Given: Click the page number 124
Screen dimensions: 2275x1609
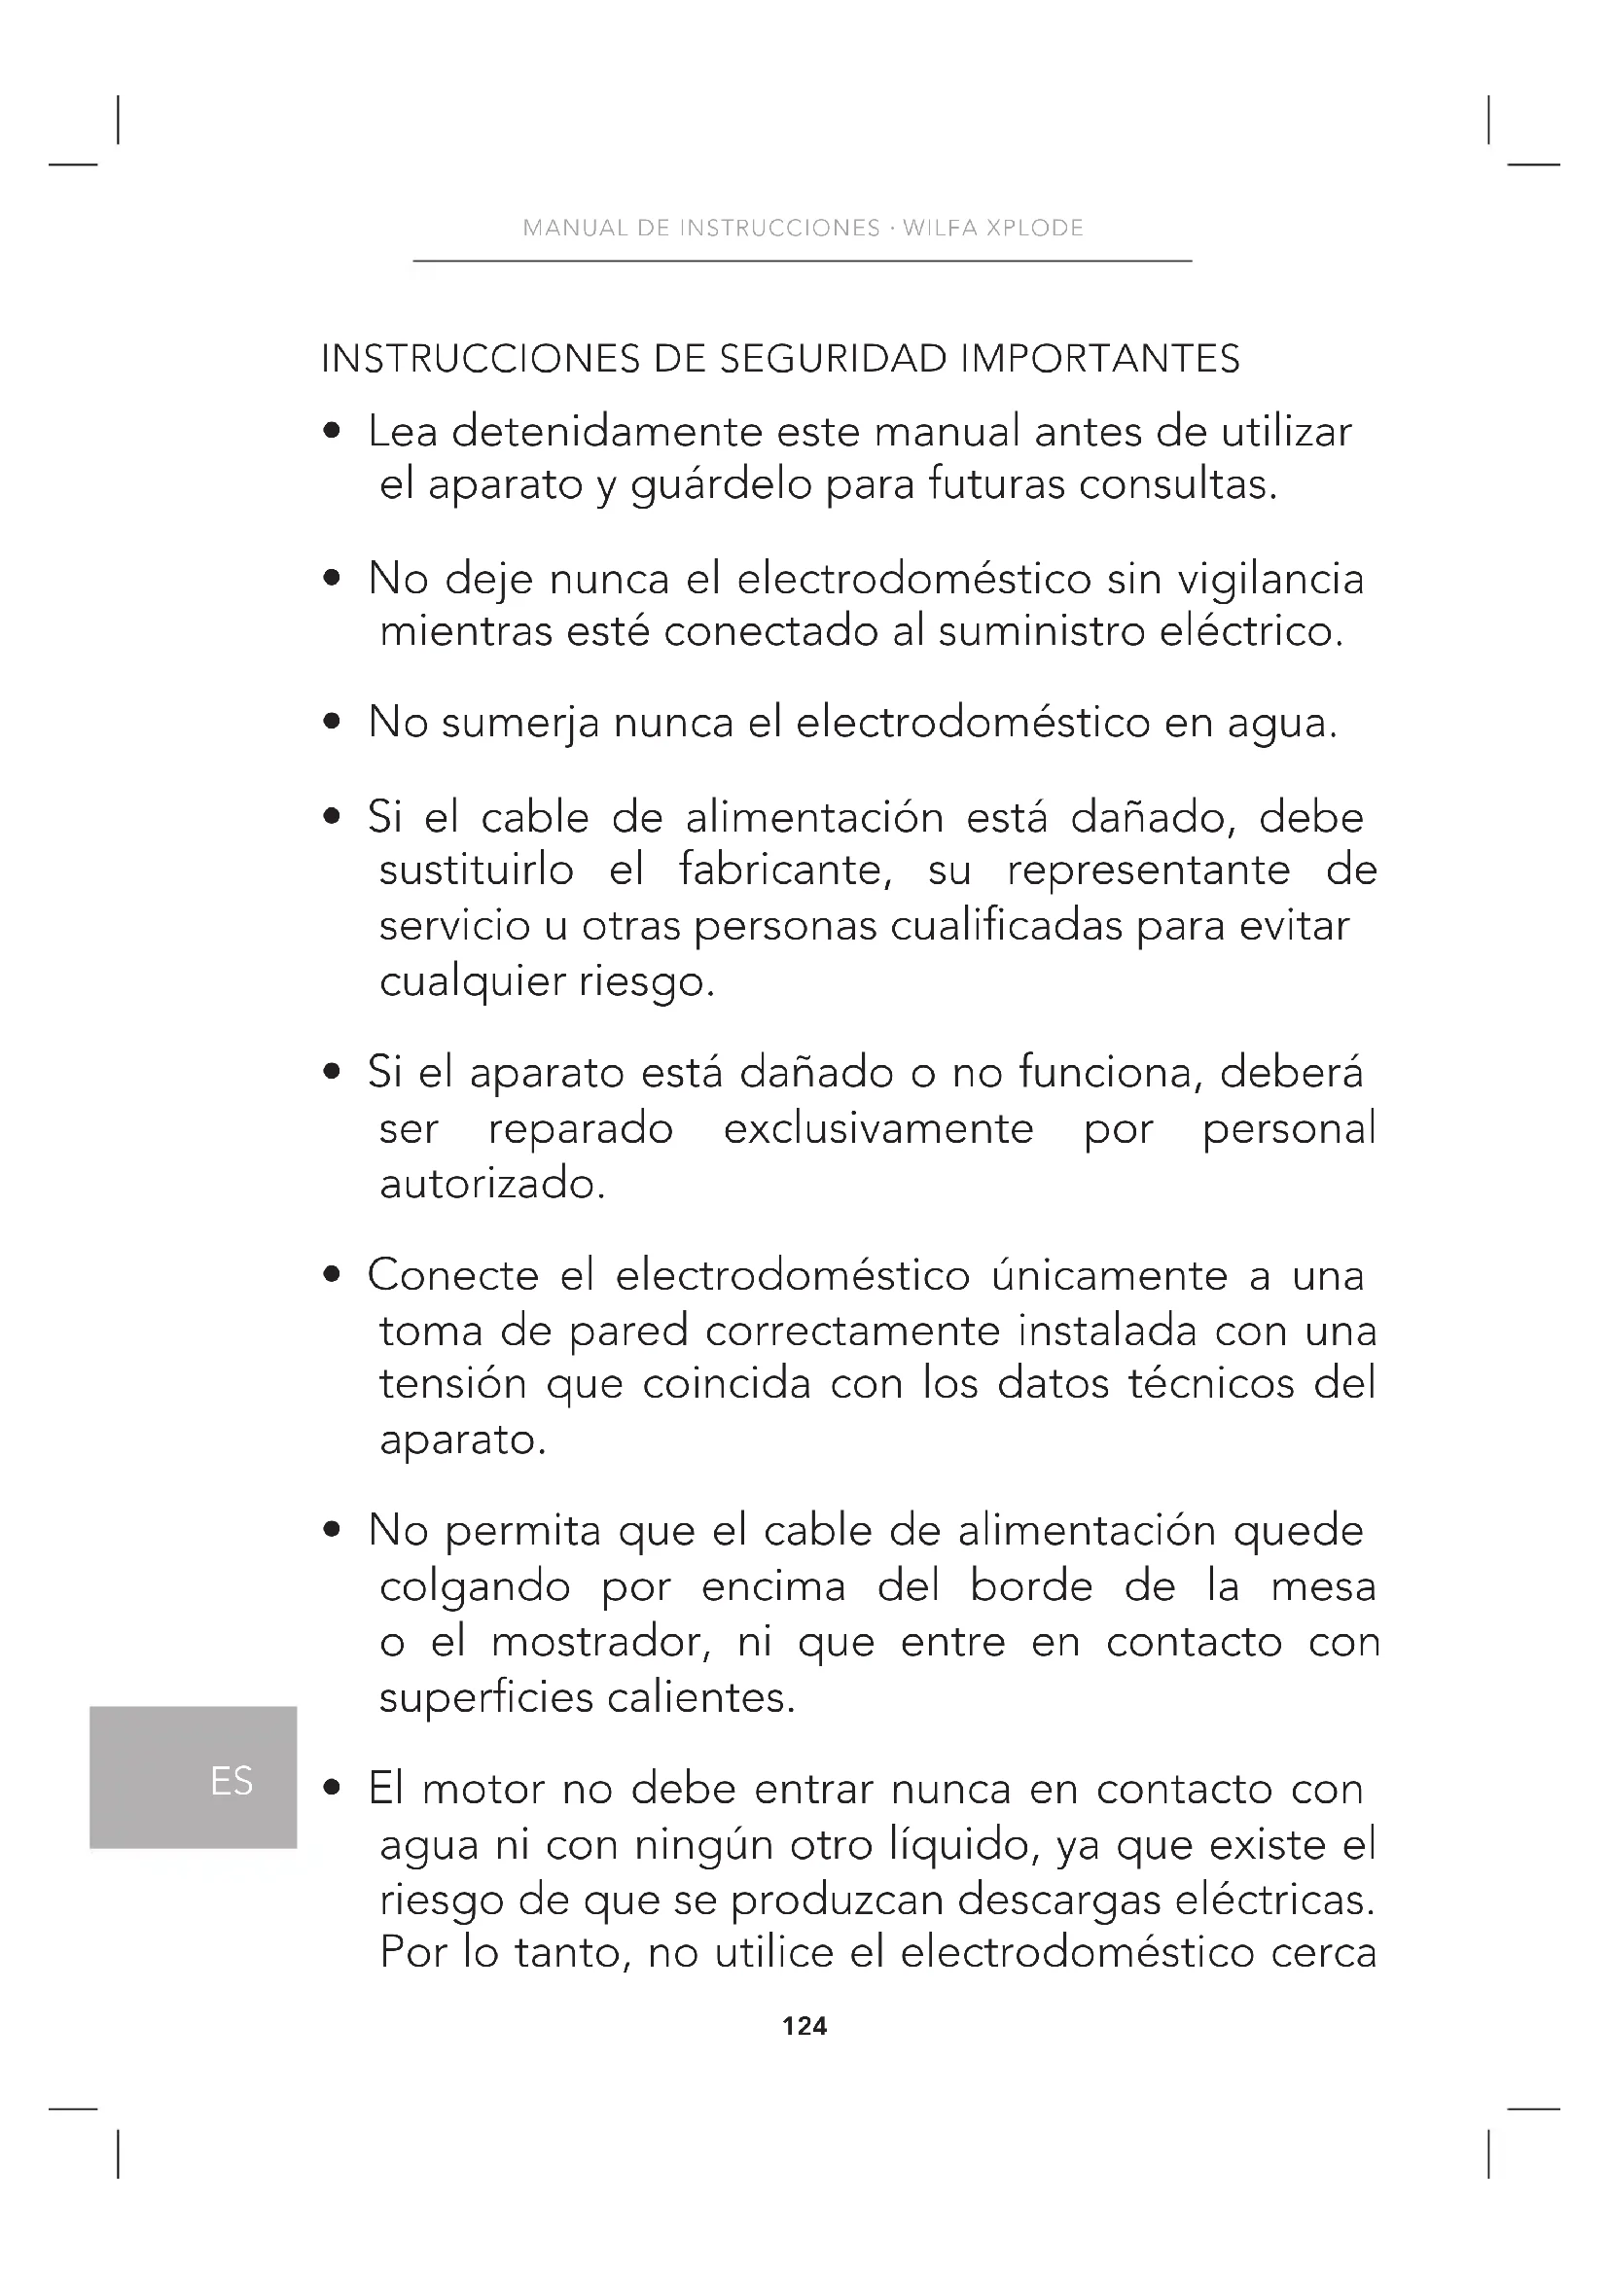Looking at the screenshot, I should [x=804, y=2026].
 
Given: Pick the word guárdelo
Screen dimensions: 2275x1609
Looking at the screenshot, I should [x=721, y=485].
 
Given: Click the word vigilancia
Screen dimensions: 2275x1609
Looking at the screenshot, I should [x=1271, y=580].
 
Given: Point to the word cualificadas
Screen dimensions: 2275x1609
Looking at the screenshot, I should [x=1006, y=925].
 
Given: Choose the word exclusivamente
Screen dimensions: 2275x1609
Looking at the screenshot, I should [x=877, y=1128].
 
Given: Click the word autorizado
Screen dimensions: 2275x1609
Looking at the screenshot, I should [x=492, y=1184].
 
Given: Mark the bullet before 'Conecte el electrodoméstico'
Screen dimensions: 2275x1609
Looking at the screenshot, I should [x=333, y=1275].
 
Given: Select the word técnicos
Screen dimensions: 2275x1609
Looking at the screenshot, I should [x=1211, y=1383].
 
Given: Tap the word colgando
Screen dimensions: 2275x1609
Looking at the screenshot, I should [x=475, y=1587].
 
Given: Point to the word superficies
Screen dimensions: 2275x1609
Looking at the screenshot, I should [x=485, y=1698].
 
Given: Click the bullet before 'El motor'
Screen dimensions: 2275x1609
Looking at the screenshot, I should [x=333, y=1789].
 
